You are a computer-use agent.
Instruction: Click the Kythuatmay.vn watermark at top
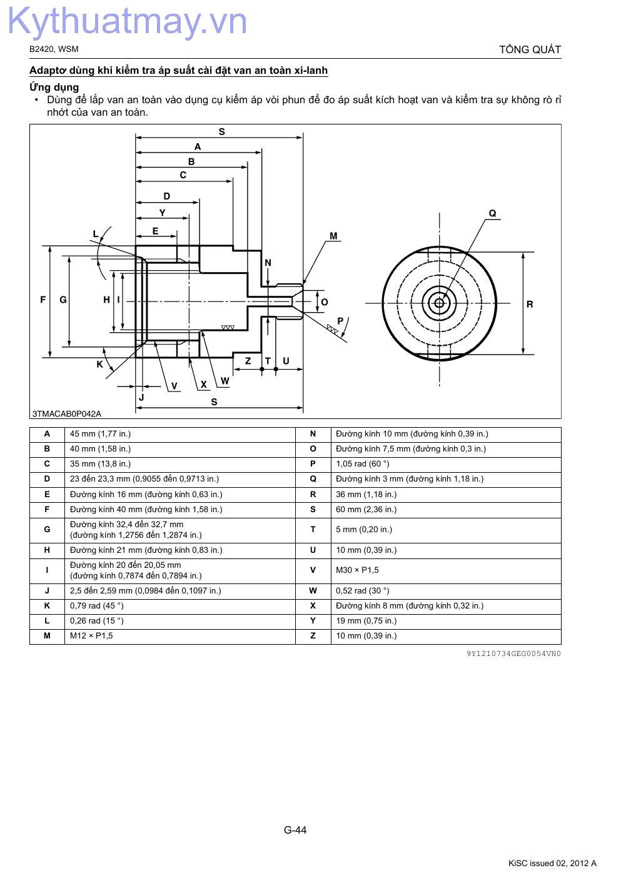click(x=128, y=22)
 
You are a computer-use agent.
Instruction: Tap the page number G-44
click(x=295, y=830)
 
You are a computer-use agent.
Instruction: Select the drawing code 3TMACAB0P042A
click(x=67, y=413)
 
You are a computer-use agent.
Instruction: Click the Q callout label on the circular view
click(x=492, y=213)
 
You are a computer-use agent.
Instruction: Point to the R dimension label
click(x=530, y=304)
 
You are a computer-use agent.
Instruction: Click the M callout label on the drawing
click(x=333, y=236)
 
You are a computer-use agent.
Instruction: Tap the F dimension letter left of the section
click(x=43, y=300)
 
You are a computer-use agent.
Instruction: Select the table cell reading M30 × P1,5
click(x=357, y=570)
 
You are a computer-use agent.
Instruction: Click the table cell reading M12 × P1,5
click(x=91, y=635)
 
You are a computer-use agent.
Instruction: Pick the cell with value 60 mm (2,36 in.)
click(x=366, y=509)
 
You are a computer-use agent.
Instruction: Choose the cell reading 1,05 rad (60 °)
click(x=362, y=463)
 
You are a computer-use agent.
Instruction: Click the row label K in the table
click(x=47, y=605)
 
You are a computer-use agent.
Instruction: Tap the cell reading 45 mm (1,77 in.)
click(x=100, y=433)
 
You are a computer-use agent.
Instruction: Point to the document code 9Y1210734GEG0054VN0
click(x=513, y=653)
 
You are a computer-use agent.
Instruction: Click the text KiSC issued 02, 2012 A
click(x=552, y=863)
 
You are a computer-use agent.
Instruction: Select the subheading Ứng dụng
click(x=54, y=87)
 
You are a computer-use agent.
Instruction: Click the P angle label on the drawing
click(x=340, y=321)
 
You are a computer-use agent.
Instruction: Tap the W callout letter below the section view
click(x=225, y=381)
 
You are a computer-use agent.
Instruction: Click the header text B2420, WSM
click(x=54, y=49)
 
